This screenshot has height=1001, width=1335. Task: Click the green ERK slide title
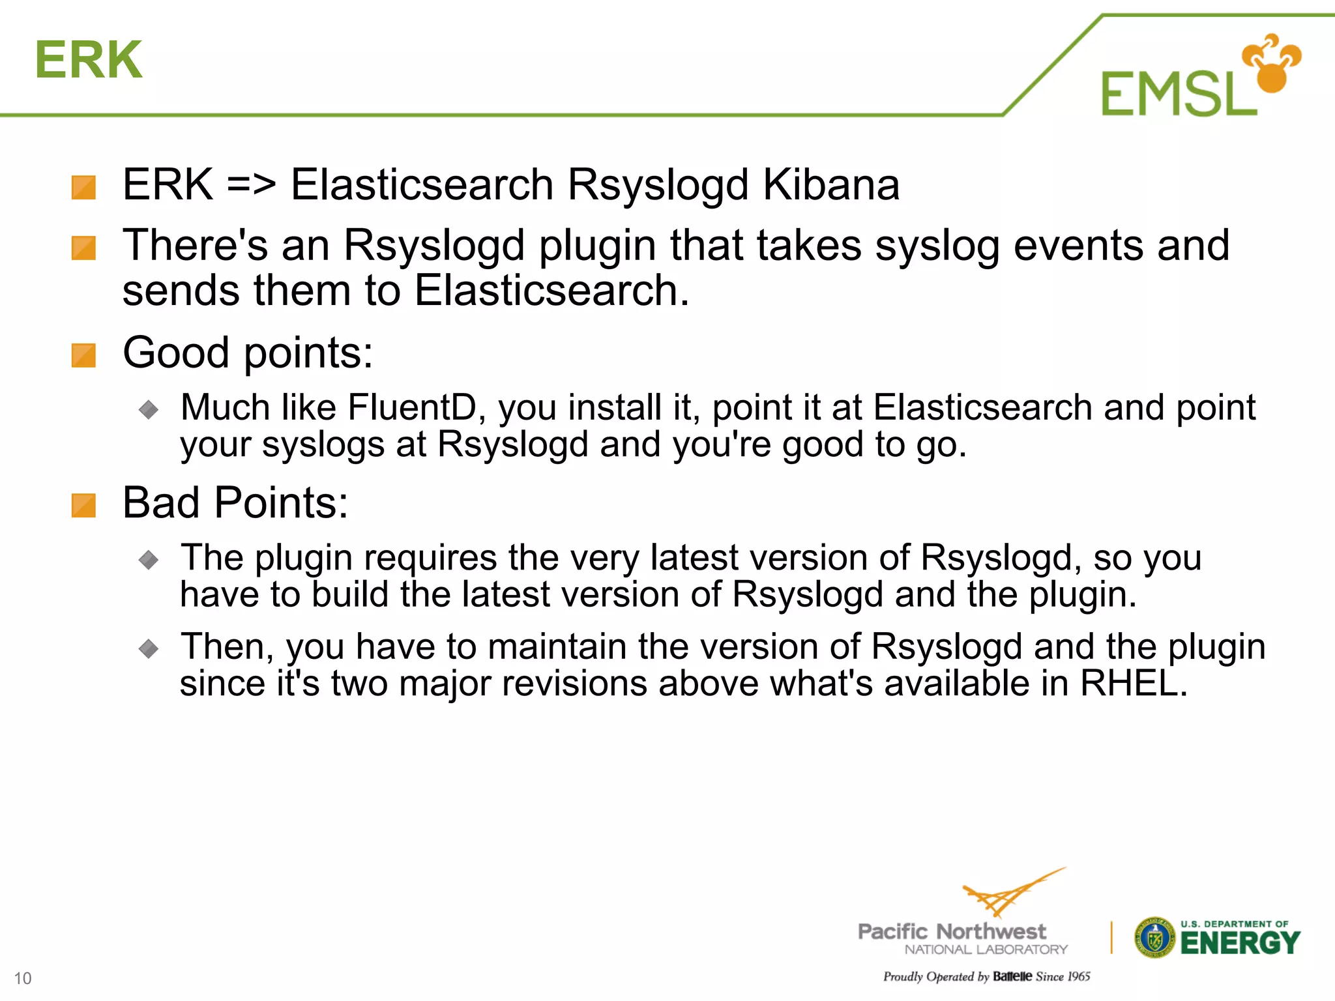89,60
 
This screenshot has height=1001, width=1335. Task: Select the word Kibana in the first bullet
831,184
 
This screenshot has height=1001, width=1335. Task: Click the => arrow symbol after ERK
251,184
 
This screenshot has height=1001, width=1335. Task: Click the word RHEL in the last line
1134,683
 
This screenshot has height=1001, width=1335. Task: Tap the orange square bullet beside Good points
83,356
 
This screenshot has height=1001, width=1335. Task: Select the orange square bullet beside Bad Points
83,506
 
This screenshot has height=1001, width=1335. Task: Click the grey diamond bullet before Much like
149,409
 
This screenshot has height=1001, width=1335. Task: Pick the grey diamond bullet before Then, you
149,648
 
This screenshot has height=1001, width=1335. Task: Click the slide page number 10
23,978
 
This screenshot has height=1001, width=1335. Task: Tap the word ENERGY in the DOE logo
1240,943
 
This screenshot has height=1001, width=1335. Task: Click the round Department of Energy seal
1154,938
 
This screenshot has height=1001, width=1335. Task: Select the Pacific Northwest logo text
952,932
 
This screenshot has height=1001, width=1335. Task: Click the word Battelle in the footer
1012,976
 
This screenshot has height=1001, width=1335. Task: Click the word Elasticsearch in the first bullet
422,184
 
